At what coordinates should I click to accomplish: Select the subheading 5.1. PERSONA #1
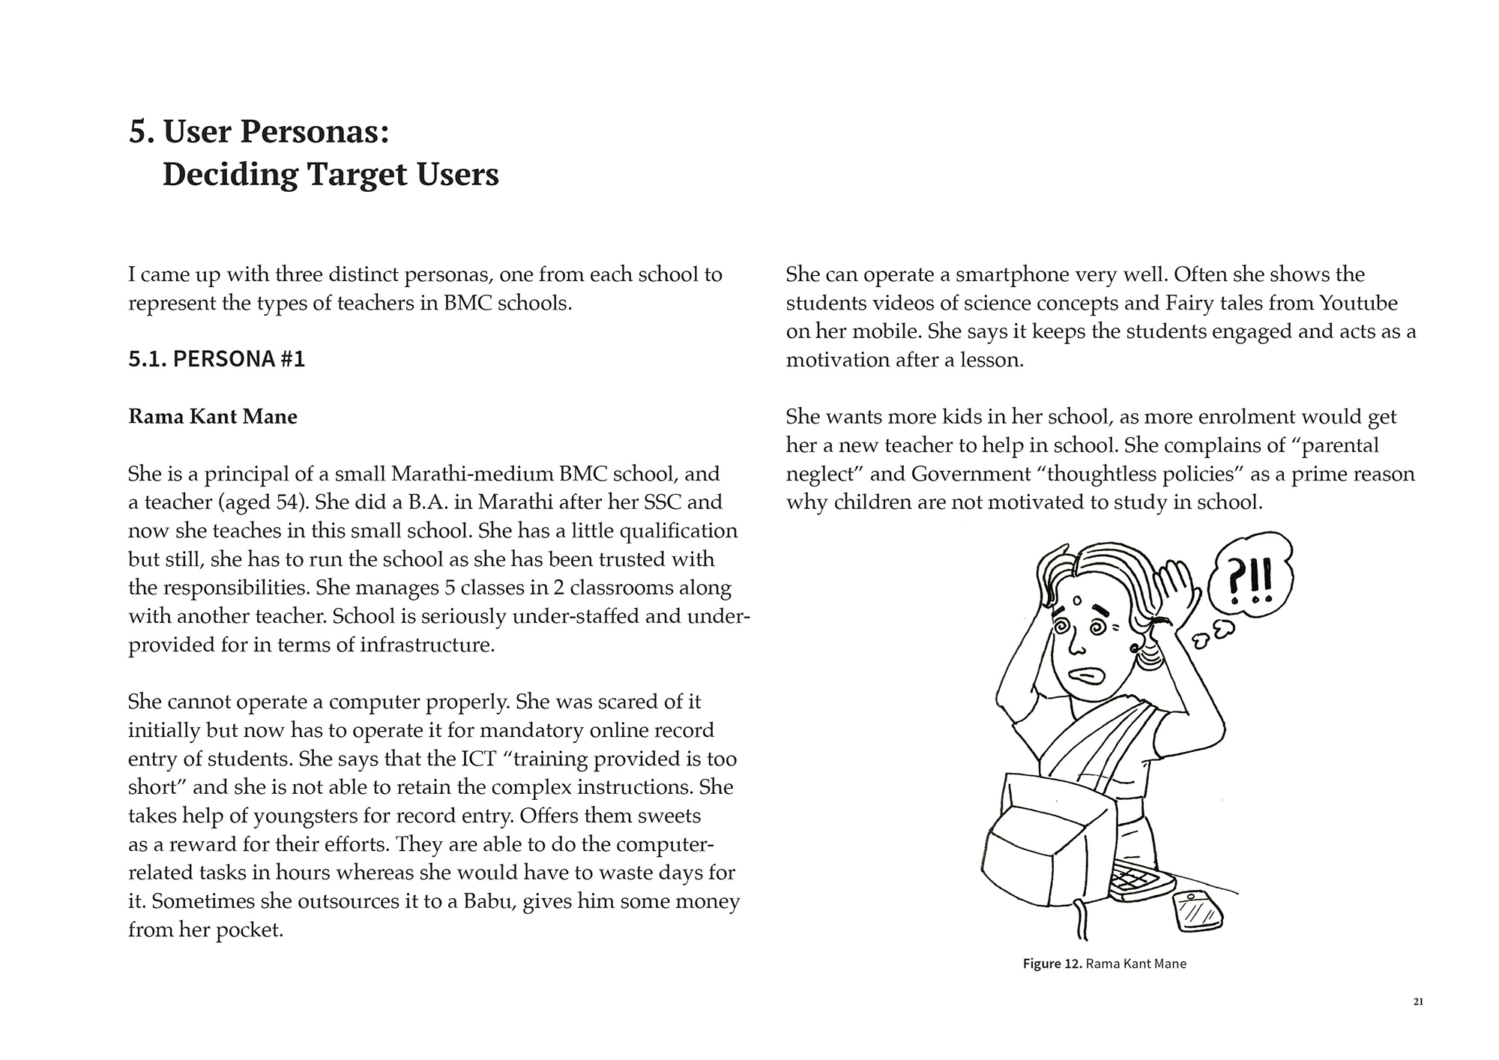click(x=217, y=359)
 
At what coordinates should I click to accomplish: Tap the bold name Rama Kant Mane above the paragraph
click(x=213, y=417)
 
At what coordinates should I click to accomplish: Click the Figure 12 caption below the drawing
click(x=1104, y=964)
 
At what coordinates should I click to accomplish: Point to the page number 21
click(x=1417, y=1002)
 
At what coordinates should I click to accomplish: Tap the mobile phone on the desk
click(x=1198, y=910)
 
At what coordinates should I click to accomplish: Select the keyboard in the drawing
click(x=1140, y=880)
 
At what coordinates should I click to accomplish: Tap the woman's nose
click(x=1074, y=644)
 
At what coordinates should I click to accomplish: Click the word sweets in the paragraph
click(x=666, y=816)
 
